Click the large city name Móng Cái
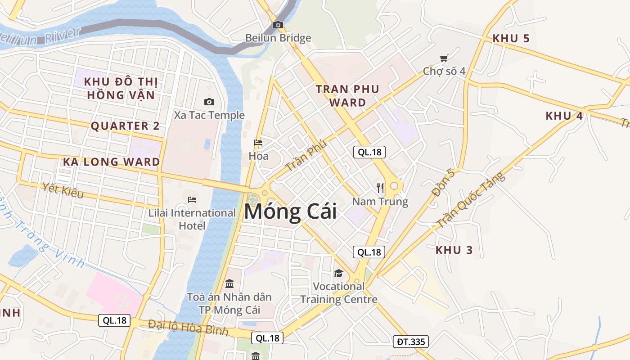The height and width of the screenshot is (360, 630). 290,212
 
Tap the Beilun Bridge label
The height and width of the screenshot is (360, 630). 278,38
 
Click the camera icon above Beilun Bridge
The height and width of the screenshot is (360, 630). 278,25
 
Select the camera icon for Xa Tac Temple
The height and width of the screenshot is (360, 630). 209,102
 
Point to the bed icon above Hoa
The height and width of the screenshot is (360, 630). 258,143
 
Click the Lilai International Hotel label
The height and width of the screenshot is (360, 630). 192,219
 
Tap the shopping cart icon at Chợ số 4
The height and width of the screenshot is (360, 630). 444,58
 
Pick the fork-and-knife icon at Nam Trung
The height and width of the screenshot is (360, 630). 381,188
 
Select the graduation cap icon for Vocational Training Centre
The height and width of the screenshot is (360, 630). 338,273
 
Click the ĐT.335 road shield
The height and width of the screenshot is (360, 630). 410,342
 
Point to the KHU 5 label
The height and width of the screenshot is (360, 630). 511,39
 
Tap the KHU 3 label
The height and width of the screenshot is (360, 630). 454,250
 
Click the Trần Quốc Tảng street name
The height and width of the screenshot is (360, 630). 471,200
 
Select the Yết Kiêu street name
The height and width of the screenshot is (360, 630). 63,190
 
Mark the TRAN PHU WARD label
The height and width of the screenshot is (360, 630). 347,96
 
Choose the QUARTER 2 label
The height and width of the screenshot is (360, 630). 125,126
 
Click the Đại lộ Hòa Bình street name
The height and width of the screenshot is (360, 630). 188,328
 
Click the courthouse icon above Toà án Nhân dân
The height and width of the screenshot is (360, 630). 229,283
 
